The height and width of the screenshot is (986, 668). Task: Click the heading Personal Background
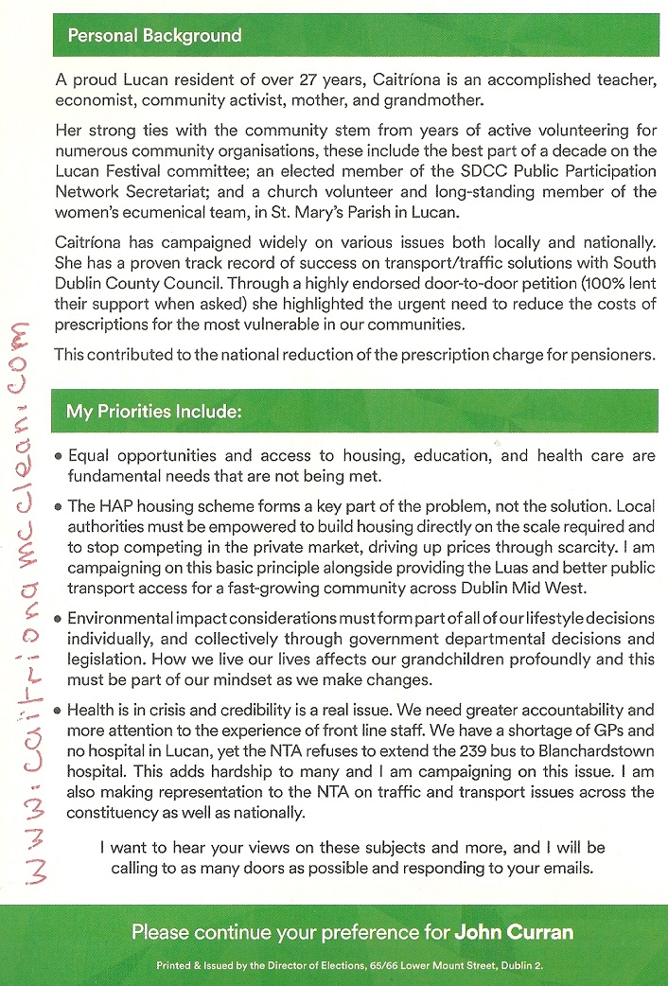point(154,36)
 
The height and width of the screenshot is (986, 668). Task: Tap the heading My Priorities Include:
point(154,412)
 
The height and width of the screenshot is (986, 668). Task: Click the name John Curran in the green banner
point(514,932)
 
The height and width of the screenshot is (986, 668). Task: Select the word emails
point(566,868)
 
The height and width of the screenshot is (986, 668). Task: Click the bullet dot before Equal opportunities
point(59,456)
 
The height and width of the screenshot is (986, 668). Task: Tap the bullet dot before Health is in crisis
point(59,710)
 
